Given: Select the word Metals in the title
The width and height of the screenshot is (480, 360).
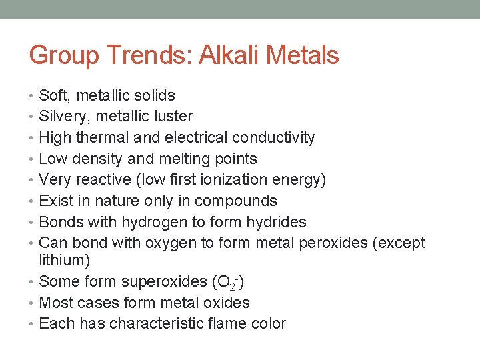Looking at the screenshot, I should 300,55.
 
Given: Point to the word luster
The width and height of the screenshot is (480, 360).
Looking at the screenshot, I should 171,117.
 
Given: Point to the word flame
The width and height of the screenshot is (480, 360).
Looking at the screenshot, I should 230,324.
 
